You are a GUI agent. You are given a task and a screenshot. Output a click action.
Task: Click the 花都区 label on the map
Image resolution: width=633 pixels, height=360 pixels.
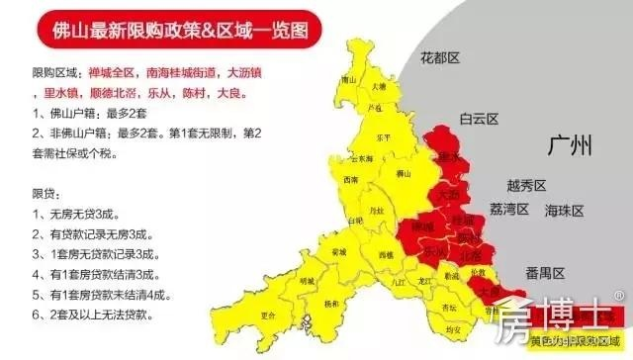(x=441, y=58)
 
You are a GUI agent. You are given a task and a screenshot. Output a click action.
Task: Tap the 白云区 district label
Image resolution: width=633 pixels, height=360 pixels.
(x=481, y=119)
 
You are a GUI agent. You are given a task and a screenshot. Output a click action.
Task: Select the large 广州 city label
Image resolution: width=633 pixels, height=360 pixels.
(x=571, y=146)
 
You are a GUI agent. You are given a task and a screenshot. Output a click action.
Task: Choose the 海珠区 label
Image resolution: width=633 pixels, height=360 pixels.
(x=565, y=211)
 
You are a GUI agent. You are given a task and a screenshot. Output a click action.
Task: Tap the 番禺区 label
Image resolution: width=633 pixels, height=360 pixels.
(x=544, y=273)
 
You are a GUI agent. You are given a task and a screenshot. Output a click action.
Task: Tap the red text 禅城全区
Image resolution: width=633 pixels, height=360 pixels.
(x=108, y=73)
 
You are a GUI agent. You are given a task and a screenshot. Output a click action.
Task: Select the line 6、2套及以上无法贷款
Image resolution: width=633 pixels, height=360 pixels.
(x=89, y=314)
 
